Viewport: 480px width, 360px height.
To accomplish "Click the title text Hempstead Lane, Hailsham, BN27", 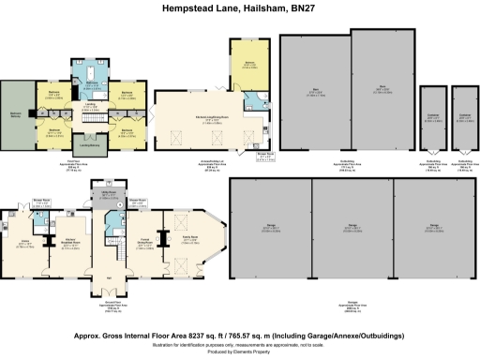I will [239, 9].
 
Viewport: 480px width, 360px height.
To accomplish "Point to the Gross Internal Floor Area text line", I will [239, 334].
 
